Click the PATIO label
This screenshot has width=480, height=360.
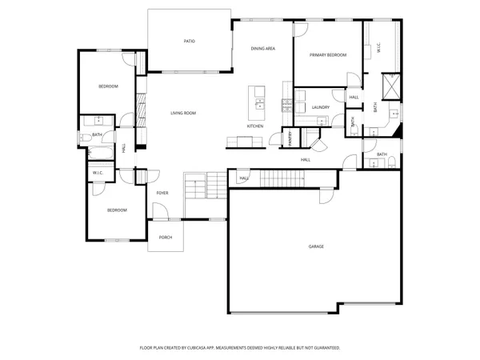(x=190, y=41)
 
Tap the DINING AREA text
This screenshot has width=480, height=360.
(x=263, y=49)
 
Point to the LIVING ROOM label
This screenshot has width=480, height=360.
(x=183, y=113)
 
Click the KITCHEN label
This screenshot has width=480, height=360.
(x=255, y=126)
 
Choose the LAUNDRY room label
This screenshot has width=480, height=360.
(x=322, y=106)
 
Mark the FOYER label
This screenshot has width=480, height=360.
(x=162, y=193)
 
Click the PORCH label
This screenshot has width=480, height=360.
(x=166, y=238)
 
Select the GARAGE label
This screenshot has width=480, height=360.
(x=317, y=246)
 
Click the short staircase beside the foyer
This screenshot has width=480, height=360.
(x=196, y=188)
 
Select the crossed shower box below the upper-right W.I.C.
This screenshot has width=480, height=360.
(x=391, y=86)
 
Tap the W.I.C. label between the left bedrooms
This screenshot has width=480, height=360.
(x=98, y=173)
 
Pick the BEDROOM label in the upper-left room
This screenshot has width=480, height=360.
(x=109, y=86)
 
